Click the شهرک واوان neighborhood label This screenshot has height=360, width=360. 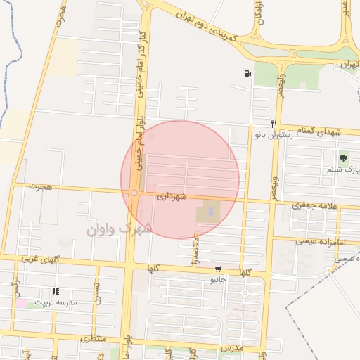(x=119, y=229)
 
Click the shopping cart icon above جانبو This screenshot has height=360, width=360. (x=219, y=269)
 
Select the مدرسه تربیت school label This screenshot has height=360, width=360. (x=70, y=302)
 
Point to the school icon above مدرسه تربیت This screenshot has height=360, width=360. (x=56, y=291)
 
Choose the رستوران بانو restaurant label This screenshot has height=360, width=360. (x=285, y=133)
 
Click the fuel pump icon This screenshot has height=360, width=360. (x=247, y=73)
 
